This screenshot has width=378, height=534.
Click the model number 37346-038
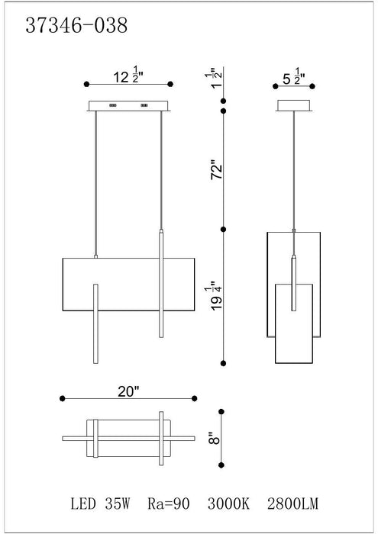(76, 25)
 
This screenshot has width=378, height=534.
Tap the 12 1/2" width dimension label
(128, 76)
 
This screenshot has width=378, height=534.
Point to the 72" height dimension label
(216, 169)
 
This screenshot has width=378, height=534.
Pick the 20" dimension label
(129, 391)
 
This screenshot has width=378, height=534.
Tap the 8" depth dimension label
(215, 438)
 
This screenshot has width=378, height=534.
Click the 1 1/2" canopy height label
(216, 78)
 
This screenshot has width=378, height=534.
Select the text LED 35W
(100, 503)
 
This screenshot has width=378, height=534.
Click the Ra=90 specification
(168, 503)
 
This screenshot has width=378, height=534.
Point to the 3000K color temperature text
(228, 503)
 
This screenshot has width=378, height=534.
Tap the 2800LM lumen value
(292, 503)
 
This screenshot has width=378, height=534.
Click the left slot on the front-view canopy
(113, 105)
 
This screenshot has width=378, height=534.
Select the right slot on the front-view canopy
(144, 105)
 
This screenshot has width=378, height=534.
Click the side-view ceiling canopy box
(294, 105)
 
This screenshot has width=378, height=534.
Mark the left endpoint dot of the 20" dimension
(62, 398)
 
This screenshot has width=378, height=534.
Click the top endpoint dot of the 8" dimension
(221, 412)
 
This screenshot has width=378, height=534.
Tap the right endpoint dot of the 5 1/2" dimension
(312, 86)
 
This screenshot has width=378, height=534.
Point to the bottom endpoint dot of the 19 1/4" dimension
(223, 363)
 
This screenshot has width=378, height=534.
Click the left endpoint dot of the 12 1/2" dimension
(86, 84)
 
